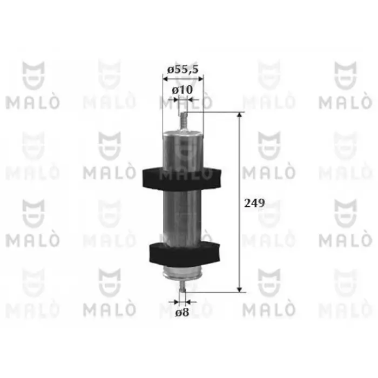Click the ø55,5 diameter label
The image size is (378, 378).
point(183,70)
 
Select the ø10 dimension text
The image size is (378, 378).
point(183,90)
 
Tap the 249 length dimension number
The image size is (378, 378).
point(254,203)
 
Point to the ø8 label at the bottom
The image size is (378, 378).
point(182,313)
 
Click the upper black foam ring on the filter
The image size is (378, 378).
point(182,179)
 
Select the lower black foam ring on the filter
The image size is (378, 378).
point(185,254)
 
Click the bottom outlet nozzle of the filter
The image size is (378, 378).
point(183,286)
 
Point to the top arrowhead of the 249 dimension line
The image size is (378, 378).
point(239,114)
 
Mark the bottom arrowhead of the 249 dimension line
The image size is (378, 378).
point(239,289)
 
